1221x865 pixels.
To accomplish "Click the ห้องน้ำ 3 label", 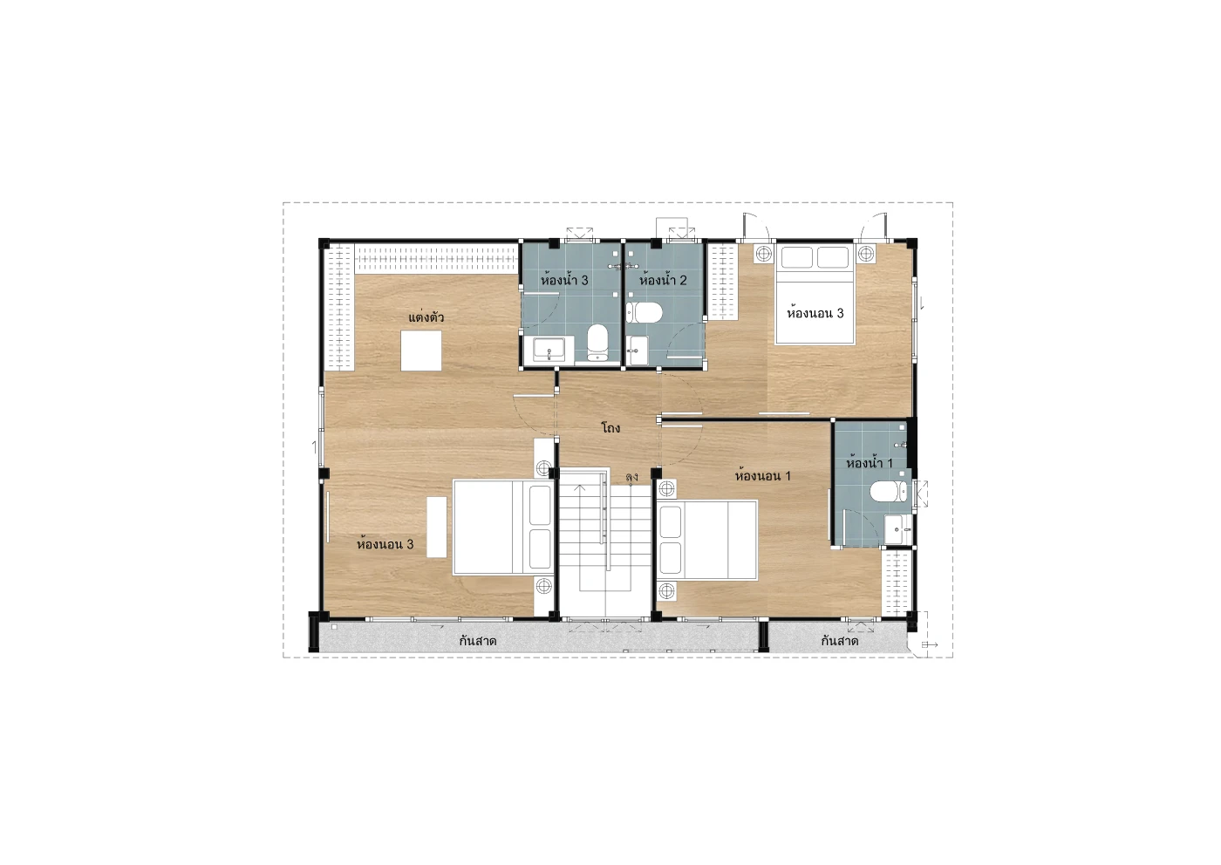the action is tap(564, 280).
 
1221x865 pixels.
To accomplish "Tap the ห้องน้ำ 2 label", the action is tap(663, 280).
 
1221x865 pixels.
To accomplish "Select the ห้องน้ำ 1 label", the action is tap(870, 463).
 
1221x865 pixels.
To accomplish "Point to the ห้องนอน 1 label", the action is tap(762, 476).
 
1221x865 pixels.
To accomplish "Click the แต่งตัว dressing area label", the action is tap(426, 317).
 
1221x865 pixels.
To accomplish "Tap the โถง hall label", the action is tap(610, 428).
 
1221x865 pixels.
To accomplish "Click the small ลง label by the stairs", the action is tap(631, 478).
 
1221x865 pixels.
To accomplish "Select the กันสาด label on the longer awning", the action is tap(478, 641).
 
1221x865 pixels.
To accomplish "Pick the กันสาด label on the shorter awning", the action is tap(839, 641).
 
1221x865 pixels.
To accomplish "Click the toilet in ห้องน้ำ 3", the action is tap(597, 343).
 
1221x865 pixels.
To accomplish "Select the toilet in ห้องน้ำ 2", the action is tap(645, 313).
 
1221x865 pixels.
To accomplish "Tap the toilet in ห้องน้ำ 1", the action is tap(889, 491).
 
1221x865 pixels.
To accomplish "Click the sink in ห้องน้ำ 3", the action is tap(549, 350).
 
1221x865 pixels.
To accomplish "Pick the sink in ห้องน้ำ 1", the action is tap(897, 529).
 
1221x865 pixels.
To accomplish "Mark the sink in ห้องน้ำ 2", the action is tap(637, 351).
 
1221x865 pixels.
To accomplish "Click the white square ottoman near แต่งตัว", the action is tap(420, 351).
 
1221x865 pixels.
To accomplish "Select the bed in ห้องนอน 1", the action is tap(707, 540).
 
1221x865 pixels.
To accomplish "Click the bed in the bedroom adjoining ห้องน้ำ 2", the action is tap(815, 295).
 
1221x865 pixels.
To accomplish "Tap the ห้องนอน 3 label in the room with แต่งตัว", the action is tap(385, 544).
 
